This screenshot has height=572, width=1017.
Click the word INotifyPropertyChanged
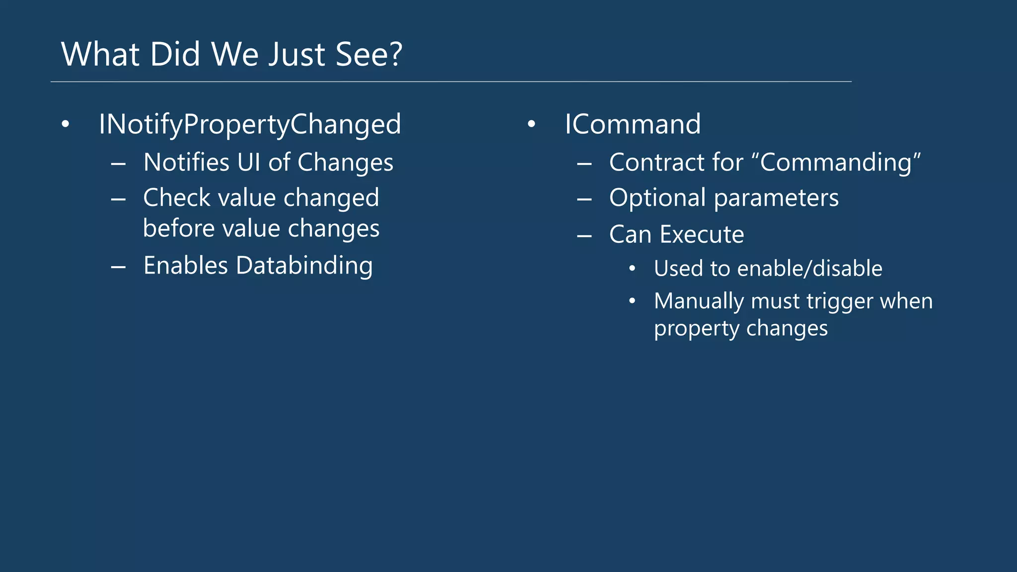(250, 124)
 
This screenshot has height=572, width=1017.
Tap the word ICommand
(632, 124)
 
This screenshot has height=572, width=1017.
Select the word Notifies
(186, 162)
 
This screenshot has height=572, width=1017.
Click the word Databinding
(304, 266)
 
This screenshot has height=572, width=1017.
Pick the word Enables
(185, 266)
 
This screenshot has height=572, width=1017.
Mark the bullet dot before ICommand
(531, 124)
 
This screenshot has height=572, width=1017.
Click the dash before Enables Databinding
(118, 267)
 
